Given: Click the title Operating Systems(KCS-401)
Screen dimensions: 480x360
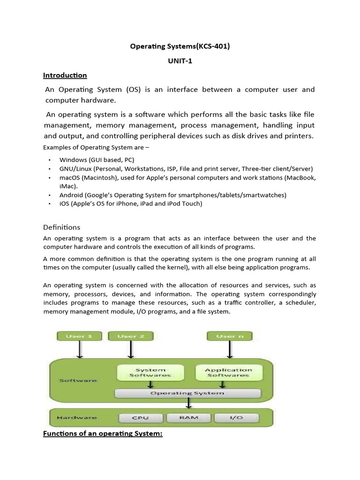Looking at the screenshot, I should pyautogui.click(x=180, y=47).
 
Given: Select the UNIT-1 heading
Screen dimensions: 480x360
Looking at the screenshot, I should pyautogui.click(x=180, y=61).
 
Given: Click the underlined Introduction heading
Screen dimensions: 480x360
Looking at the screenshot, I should pyautogui.click(x=65, y=75).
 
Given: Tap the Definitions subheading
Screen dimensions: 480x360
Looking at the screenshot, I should pyautogui.click(x=61, y=227).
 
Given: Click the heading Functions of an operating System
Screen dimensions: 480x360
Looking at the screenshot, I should pyautogui.click(x=103, y=434).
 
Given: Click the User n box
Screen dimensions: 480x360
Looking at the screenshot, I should pyautogui.click(x=230, y=336).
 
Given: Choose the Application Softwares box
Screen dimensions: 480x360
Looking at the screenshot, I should pyautogui.click(x=228, y=372).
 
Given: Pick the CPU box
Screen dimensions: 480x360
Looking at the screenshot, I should pyautogui.click(x=141, y=417).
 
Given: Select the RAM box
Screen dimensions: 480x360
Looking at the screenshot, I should pyautogui.click(x=188, y=417).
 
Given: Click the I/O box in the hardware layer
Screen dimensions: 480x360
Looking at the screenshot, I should pyautogui.click(x=236, y=417).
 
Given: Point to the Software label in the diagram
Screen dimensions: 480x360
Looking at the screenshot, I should pyautogui.click(x=77, y=380).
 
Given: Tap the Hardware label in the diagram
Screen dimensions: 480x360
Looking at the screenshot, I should pyautogui.click(x=76, y=417).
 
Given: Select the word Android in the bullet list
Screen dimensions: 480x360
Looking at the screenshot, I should pyautogui.click(x=71, y=195).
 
